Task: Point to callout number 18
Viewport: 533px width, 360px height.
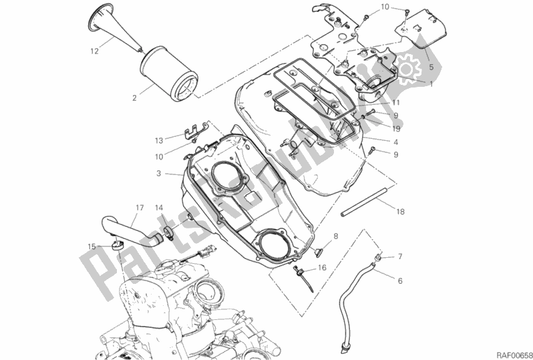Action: point(400,212)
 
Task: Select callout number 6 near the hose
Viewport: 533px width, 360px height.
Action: point(400,281)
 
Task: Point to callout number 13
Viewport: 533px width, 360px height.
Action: point(158,140)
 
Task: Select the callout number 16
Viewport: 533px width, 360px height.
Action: point(322,268)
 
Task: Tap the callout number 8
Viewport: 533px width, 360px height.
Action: point(335,236)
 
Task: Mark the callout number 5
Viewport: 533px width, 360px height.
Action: point(431,67)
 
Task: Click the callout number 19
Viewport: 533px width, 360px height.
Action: point(396,128)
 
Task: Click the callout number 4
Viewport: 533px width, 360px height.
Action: point(396,142)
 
